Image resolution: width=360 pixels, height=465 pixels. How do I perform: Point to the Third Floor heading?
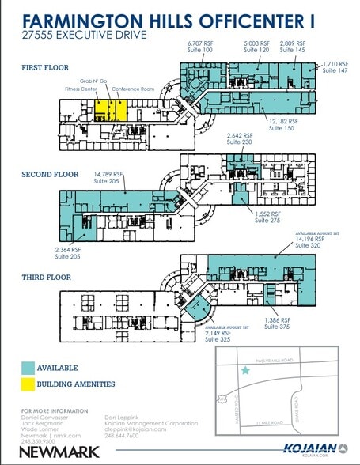(x=47, y=278)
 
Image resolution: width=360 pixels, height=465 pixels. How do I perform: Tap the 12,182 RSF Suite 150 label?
(x=282, y=125)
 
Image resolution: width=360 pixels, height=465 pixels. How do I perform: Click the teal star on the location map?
(x=246, y=370)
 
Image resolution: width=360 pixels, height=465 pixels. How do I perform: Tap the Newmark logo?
(x=49, y=452)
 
